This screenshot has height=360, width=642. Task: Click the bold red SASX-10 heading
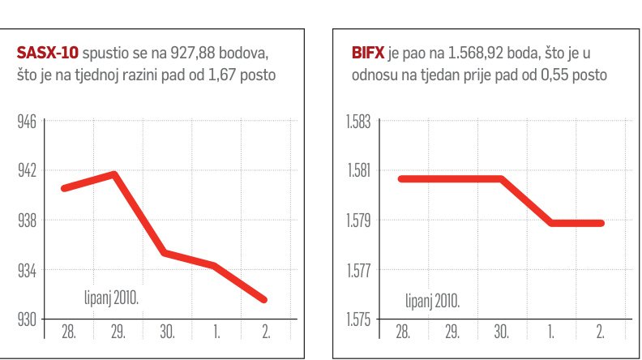click(46, 54)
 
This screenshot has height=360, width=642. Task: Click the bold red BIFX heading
click(368, 54)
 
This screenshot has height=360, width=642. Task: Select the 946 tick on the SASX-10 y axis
click(27, 122)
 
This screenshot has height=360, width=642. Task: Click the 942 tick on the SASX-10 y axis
click(27, 171)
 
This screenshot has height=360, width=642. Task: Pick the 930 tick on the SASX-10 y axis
click(27, 319)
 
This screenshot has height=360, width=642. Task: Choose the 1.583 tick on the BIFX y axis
click(357, 122)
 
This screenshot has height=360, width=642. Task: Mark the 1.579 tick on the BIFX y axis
click(357, 221)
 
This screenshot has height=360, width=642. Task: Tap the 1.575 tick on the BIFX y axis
click(357, 319)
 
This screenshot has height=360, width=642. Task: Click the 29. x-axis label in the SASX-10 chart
click(115, 333)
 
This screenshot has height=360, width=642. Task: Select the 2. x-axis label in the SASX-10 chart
click(264, 333)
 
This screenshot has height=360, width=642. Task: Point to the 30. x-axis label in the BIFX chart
click(501, 333)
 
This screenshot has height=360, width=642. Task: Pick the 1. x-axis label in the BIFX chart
click(551, 333)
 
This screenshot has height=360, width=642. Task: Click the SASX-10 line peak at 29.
click(114, 174)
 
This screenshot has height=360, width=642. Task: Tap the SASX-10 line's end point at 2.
click(264, 300)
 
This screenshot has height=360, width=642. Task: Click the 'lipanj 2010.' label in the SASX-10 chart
click(111, 297)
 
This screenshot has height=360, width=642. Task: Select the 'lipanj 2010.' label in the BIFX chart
click(432, 302)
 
